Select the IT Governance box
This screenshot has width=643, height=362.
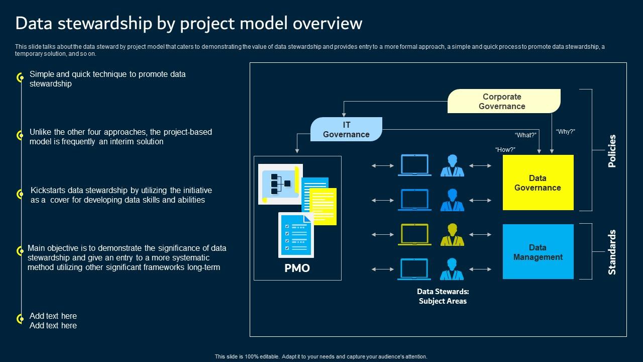[x=346, y=129]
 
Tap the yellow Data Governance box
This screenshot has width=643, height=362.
[x=538, y=183]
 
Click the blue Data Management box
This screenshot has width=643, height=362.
[x=538, y=252]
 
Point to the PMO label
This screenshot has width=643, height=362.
[x=297, y=268]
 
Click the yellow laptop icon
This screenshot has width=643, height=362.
[x=414, y=235]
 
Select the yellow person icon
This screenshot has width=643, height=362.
[x=452, y=235]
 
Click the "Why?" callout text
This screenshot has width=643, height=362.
[x=565, y=132]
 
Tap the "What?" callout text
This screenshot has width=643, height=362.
[x=525, y=135]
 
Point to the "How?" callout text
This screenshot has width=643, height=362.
[x=505, y=150]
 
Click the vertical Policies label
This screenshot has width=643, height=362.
[x=612, y=151]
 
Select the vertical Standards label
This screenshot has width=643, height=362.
[x=612, y=252]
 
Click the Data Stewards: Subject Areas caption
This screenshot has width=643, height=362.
[x=443, y=296]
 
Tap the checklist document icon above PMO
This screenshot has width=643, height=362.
[x=296, y=235]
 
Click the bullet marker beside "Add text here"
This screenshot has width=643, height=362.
[x=21, y=319]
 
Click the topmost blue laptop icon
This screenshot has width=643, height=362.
[x=414, y=165]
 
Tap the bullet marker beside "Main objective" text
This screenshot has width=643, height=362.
[x=21, y=251]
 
